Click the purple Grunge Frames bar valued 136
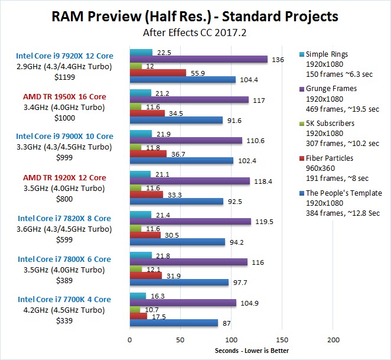(198, 59)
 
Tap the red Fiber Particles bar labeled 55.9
(158, 73)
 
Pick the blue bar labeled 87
(174, 323)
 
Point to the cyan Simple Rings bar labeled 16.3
(138, 296)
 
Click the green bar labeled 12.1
(136, 269)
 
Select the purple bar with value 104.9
(183, 303)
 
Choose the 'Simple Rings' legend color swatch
(301, 54)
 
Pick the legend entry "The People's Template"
(344, 193)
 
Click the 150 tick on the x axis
(282, 340)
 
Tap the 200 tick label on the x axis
(333, 340)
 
